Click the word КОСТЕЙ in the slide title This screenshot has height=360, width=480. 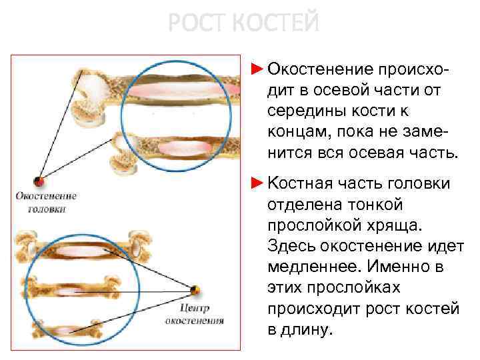pyautogui.click(x=277, y=23)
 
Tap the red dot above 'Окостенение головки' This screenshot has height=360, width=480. pyautogui.click(x=40, y=181)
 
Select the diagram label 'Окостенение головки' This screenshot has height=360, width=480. pyautogui.click(x=47, y=202)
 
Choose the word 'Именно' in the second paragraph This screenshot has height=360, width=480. pyautogui.click(x=407, y=267)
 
